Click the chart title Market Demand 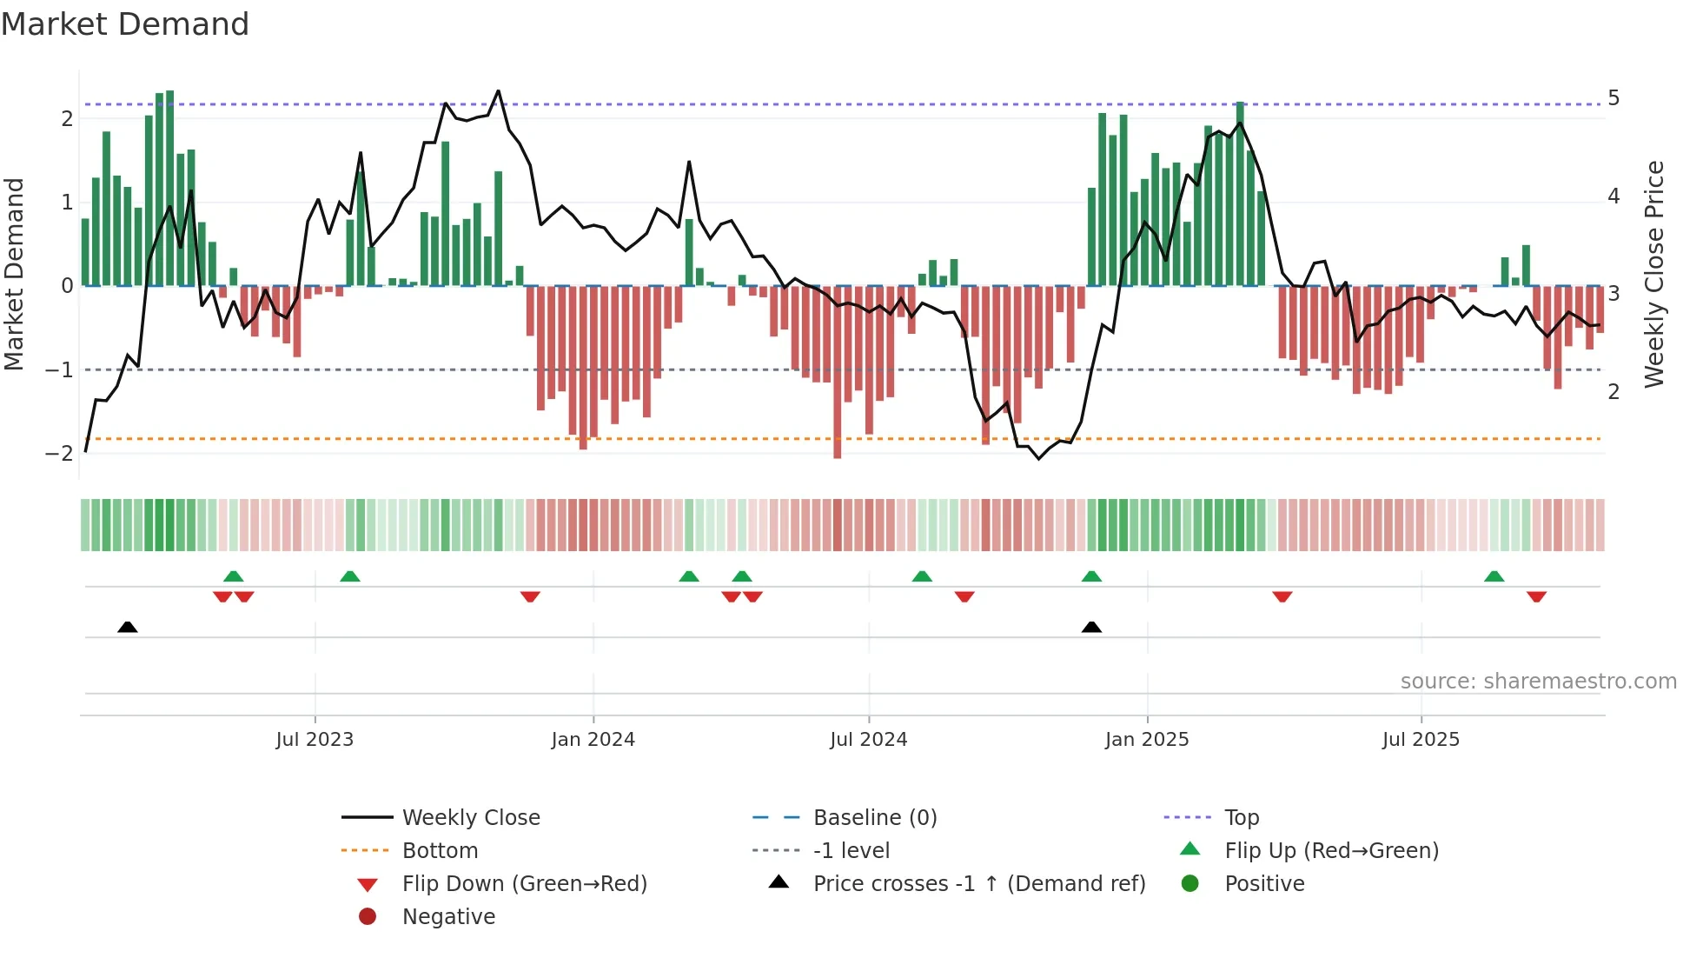pyautogui.click(x=125, y=24)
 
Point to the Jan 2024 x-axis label pyautogui.click(x=593, y=740)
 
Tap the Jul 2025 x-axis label pyautogui.click(x=1421, y=740)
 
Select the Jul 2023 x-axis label pyautogui.click(x=315, y=740)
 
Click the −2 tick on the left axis pyautogui.click(x=59, y=454)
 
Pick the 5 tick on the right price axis pyautogui.click(x=1614, y=98)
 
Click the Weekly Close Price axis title pyautogui.click(x=1654, y=274)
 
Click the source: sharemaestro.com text pyautogui.click(x=1538, y=682)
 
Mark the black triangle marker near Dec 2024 pyautogui.click(x=1091, y=627)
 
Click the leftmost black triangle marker pyautogui.click(x=128, y=627)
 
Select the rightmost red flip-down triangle pyautogui.click(x=1536, y=596)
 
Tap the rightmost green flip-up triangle pyautogui.click(x=1494, y=576)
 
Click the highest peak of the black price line pyautogui.click(x=498, y=91)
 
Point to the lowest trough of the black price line pyautogui.click(x=1038, y=458)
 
